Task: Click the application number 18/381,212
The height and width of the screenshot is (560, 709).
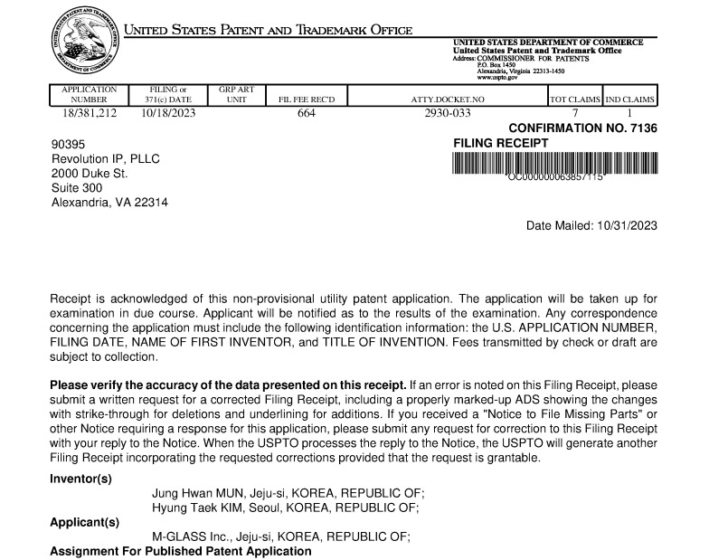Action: point(89,113)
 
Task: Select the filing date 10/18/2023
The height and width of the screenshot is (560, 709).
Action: point(168,113)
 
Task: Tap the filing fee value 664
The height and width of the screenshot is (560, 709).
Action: point(306,113)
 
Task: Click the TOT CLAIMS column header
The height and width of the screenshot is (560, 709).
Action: point(574,99)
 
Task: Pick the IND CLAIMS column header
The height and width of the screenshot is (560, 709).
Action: point(630,99)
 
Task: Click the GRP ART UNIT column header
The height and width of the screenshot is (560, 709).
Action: point(236,94)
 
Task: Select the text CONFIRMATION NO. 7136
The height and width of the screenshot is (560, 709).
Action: point(582,128)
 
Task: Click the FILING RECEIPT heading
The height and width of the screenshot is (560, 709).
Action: point(500,143)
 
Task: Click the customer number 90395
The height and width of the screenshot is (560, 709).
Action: point(68,143)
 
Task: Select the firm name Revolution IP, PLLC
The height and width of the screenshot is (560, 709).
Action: point(105,157)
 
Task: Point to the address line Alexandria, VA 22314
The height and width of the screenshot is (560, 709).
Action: point(109,202)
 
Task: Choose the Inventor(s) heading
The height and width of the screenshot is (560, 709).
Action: point(80,479)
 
